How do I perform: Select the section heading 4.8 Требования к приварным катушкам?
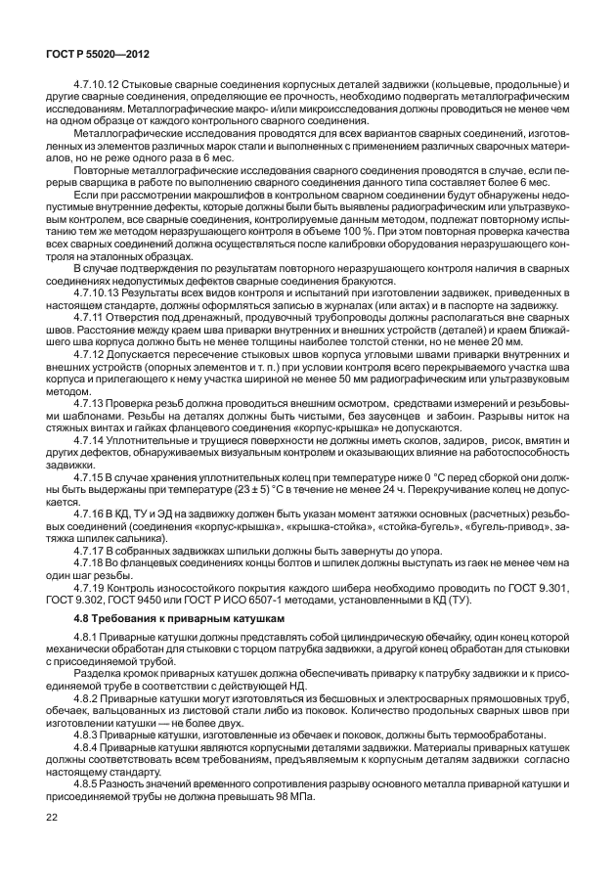click(167, 621)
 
